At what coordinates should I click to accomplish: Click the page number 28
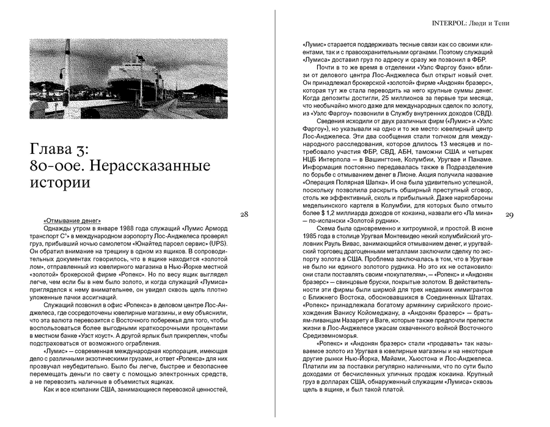tap(244, 214)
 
